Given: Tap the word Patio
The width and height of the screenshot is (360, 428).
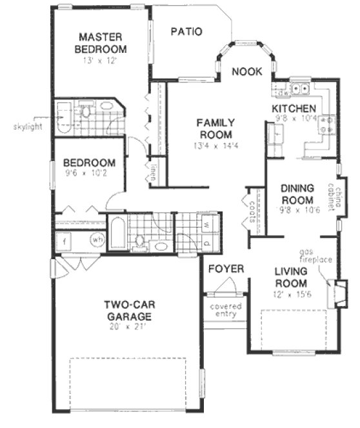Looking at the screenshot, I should tap(186, 31).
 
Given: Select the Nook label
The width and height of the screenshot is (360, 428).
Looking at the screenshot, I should tap(246, 72).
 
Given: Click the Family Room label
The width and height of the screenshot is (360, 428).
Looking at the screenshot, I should tap(215, 128).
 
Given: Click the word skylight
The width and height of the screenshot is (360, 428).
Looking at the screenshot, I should tap(27, 126).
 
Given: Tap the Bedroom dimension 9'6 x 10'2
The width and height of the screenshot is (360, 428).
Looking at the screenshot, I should tap(89, 174).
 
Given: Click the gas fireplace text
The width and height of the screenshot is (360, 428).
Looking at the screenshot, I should tap(315, 255).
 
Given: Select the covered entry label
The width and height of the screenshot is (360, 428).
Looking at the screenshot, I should tap(226, 311).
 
